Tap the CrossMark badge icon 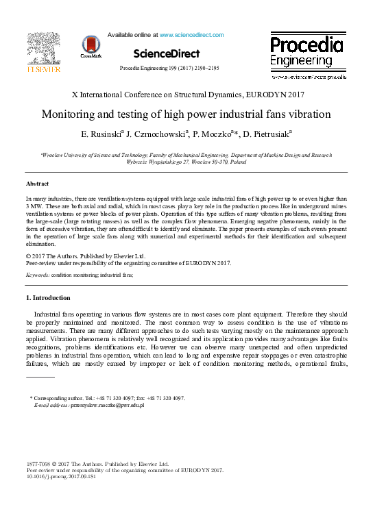pyautogui.click(x=91, y=46)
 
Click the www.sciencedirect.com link pyautogui.click(x=191, y=34)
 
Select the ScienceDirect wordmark pyautogui.click(x=167, y=53)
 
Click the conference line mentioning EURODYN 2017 pyautogui.click(x=186, y=95)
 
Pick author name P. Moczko pyautogui.click(x=214, y=134)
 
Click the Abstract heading pyautogui.click(x=38, y=184)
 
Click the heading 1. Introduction pyautogui.click(x=47, y=298)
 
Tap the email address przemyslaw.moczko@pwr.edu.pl pyautogui.click(x=107, y=406)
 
